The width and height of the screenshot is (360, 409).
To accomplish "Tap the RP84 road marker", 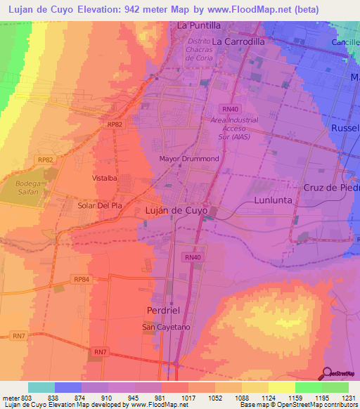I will click(x=82, y=280).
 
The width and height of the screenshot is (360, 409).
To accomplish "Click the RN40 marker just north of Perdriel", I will click(x=192, y=258).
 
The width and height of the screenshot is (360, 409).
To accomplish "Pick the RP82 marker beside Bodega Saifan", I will click(x=46, y=160).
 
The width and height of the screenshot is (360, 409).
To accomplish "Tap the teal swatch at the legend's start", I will click(x=41, y=387).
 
